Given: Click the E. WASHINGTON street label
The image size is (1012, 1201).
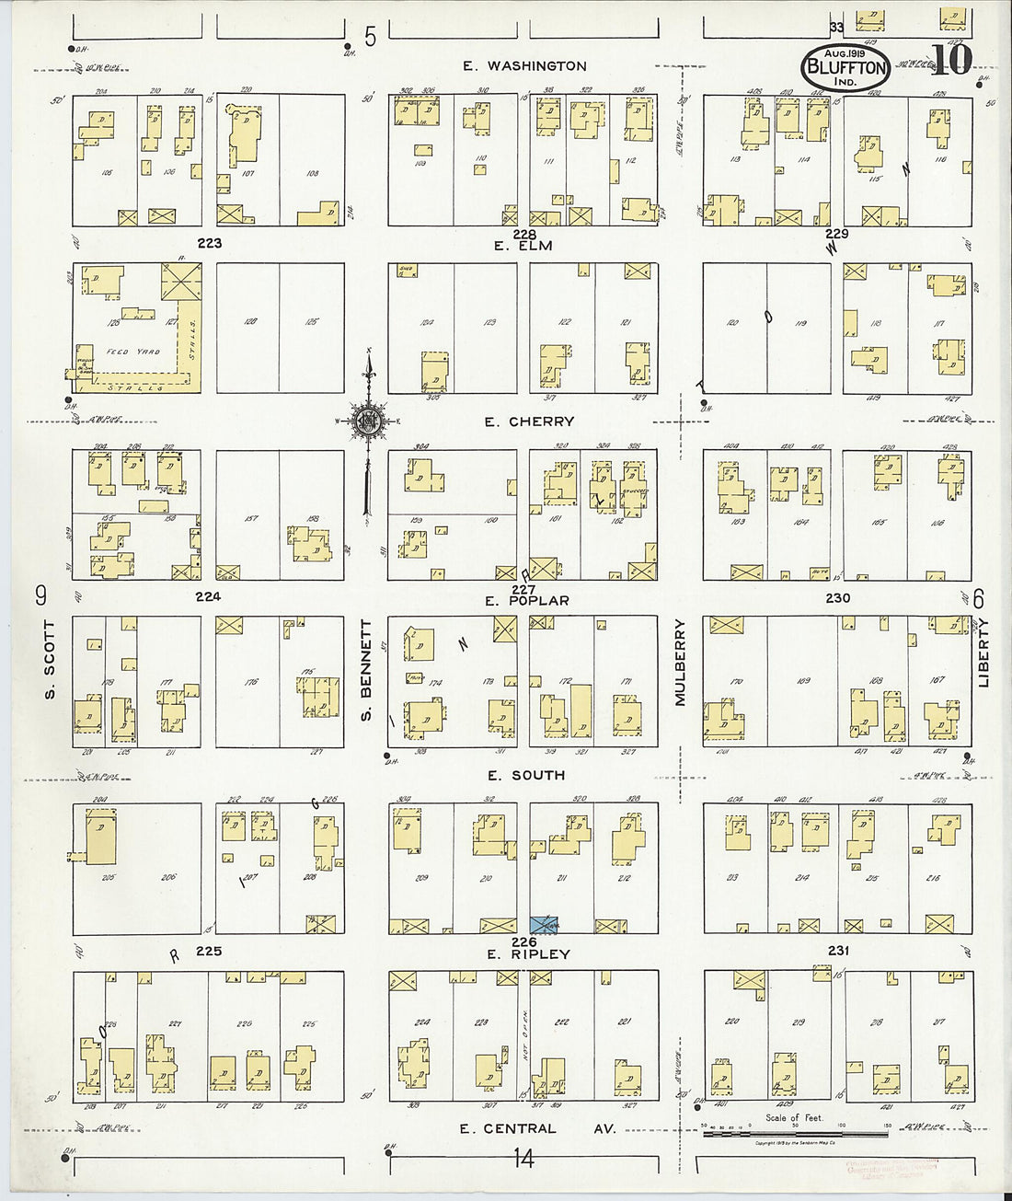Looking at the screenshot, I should pyautogui.click(x=523, y=66).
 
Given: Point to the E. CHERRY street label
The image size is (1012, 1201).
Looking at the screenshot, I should pyautogui.click(x=529, y=422).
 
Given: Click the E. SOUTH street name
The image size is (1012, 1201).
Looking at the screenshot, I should pyautogui.click(x=526, y=776).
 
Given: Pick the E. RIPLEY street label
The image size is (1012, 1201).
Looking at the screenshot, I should pyautogui.click(x=528, y=954).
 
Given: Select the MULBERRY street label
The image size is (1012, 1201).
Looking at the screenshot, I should pyautogui.click(x=681, y=663).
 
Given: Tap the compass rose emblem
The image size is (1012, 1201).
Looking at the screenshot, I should pyautogui.click(x=368, y=422).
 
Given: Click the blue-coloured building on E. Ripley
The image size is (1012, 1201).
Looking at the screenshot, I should pyautogui.click(x=544, y=925).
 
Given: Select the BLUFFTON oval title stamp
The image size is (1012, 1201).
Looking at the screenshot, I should pyautogui.click(x=845, y=66).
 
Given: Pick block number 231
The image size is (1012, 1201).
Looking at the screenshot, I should pyautogui.click(x=838, y=951).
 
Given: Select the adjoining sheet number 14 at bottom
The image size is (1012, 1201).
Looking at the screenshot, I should pyautogui.click(x=523, y=1159).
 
